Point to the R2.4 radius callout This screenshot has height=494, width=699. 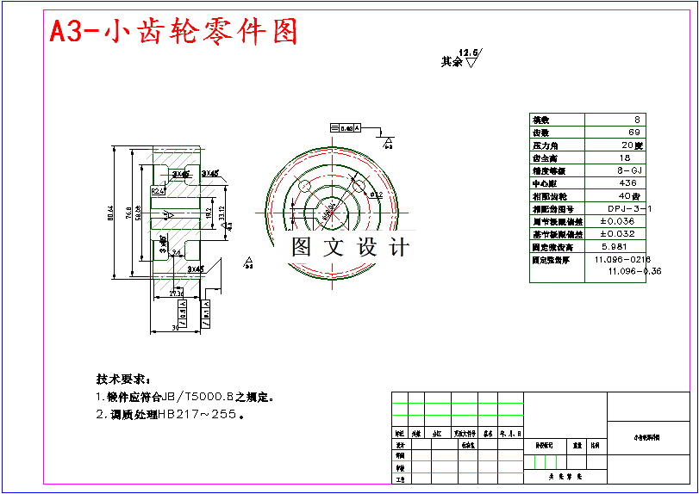(157, 191)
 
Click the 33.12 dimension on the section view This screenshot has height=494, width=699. (221, 213)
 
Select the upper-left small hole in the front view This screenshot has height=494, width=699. (303, 186)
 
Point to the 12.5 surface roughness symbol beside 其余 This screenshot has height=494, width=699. (471, 58)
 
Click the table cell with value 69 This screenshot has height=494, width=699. (635, 133)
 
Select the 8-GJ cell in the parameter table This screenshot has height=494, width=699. (631, 170)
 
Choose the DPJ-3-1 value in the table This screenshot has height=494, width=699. (629, 209)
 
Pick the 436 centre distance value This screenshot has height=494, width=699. (628, 183)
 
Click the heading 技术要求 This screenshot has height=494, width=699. (122, 379)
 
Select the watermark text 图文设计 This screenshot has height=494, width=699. (349, 248)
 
